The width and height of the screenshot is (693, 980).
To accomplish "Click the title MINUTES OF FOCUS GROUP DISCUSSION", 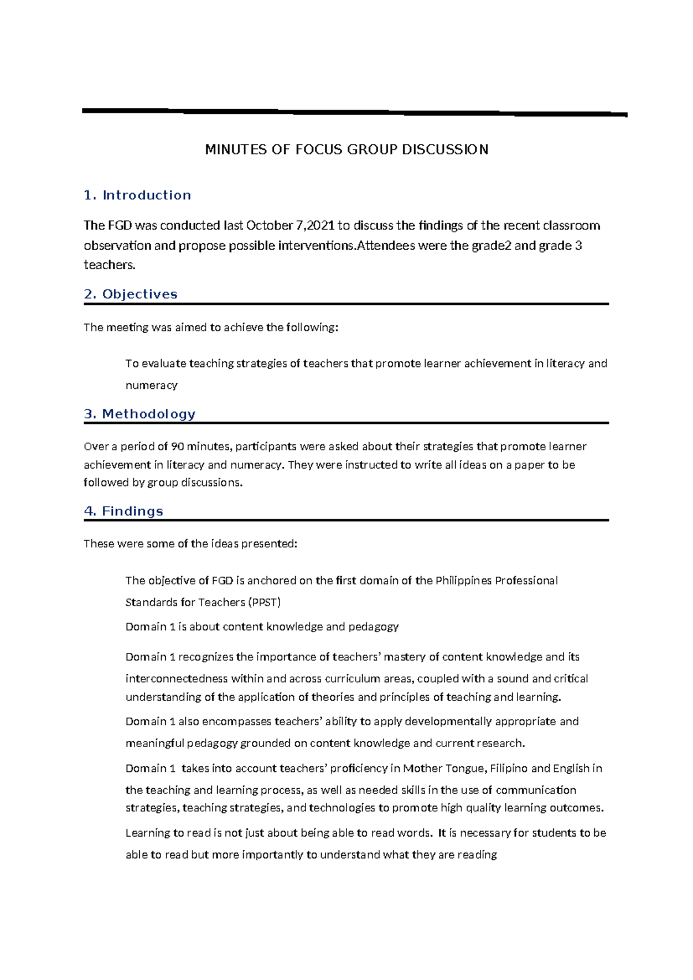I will click(346, 150).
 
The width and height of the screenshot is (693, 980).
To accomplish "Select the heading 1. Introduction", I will click(137, 195).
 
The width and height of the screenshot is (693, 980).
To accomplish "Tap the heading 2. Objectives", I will click(131, 294).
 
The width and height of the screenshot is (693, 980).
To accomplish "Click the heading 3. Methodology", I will click(140, 414).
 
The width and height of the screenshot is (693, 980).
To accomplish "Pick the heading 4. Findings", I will click(124, 511).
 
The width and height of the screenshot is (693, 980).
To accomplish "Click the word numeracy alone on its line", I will click(151, 385).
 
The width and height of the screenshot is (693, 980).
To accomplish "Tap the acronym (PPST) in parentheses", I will click(264, 602).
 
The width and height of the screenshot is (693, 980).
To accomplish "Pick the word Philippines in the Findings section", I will click(464, 580).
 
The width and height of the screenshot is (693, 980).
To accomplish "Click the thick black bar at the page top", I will click(355, 112).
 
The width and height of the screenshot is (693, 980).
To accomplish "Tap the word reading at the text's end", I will click(477, 854).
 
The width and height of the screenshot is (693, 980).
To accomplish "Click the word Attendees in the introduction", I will click(386, 246).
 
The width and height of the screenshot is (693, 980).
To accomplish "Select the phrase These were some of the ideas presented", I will click(191, 544).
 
